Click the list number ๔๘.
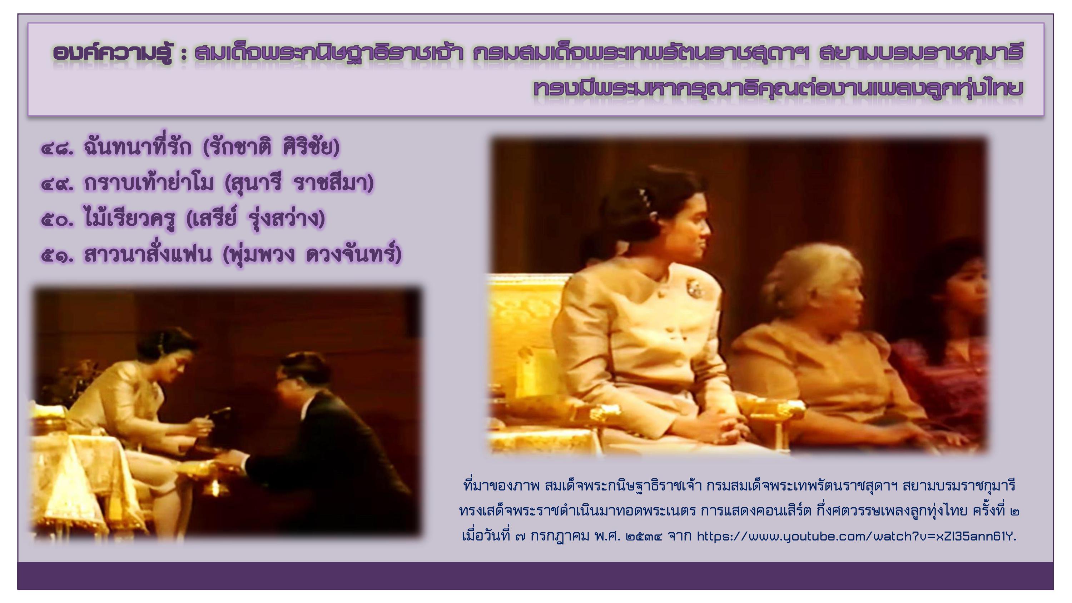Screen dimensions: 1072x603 pos(58,149)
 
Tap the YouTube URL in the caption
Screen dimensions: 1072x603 pos(857,537)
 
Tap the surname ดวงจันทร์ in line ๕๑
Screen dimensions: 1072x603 pos(354,254)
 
